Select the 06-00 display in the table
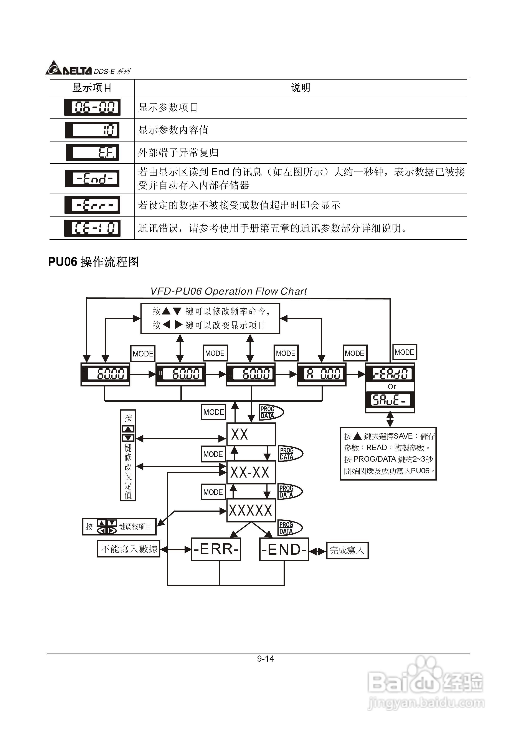click(x=92, y=107)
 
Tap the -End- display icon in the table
click(x=92, y=178)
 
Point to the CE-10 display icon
click(x=92, y=228)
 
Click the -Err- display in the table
click(x=92, y=205)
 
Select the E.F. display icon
click(x=92, y=152)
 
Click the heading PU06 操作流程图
click(x=93, y=262)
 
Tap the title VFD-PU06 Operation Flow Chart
click(x=228, y=291)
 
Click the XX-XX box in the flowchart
click(x=251, y=472)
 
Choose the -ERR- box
click(x=216, y=549)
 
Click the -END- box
click(x=284, y=549)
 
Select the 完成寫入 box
click(x=347, y=550)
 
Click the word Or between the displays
click(x=391, y=387)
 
